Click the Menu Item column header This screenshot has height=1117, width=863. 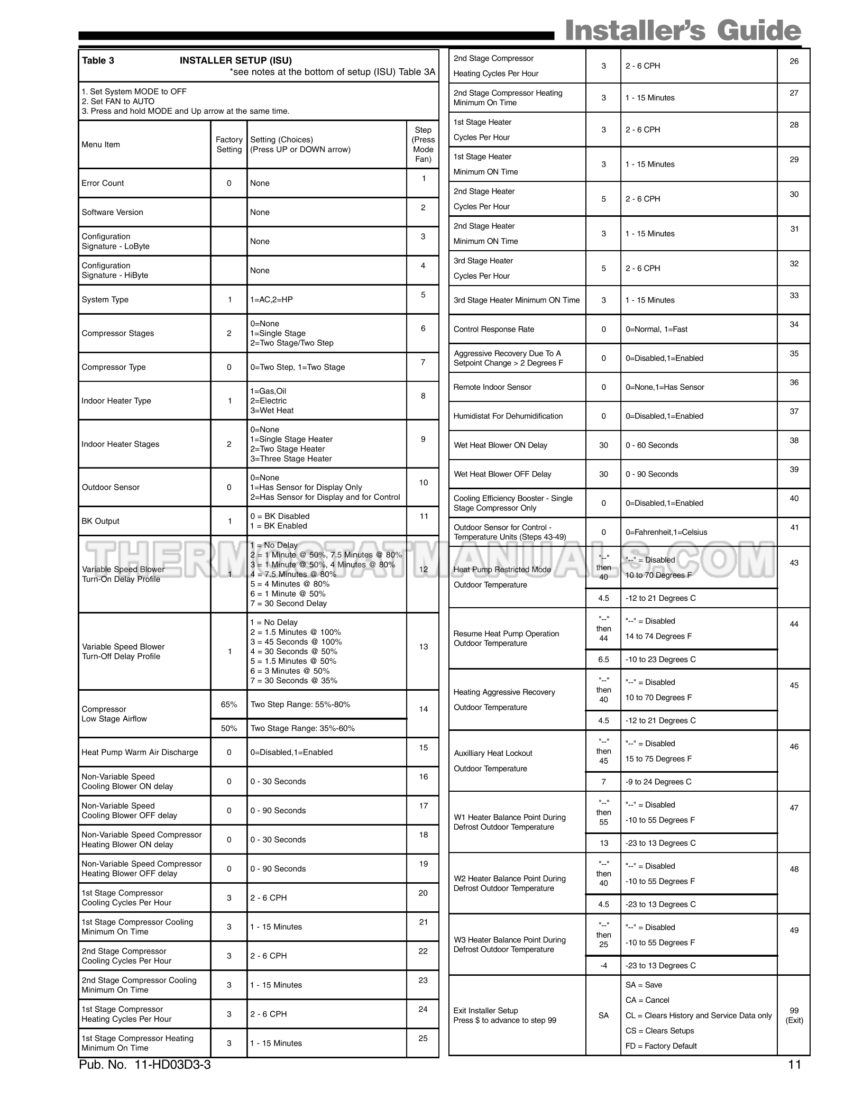(100, 144)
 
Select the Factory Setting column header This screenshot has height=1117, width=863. (229, 144)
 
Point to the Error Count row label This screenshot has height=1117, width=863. (103, 183)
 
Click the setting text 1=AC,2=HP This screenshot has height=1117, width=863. (271, 299)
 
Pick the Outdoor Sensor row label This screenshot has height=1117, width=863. (111, 487)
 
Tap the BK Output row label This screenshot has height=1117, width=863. (100, 521)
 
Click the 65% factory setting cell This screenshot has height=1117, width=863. (229, 704)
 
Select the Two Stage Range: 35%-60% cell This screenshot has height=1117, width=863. (302, 728)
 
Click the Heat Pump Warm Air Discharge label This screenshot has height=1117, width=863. (140, 752)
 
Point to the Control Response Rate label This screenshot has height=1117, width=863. (494, 329)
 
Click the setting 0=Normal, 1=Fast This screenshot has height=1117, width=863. (656, 329)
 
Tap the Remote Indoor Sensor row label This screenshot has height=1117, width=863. (492, 387)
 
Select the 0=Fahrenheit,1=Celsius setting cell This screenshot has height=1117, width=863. (666, 532)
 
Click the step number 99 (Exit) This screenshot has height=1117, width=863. (794, 1015)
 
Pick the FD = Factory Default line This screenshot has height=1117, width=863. (661, 1046)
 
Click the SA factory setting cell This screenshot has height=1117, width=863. (603, 1015)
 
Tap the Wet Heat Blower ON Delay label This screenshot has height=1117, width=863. (500, 445)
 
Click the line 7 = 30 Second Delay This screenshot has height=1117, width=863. (289, 603)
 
